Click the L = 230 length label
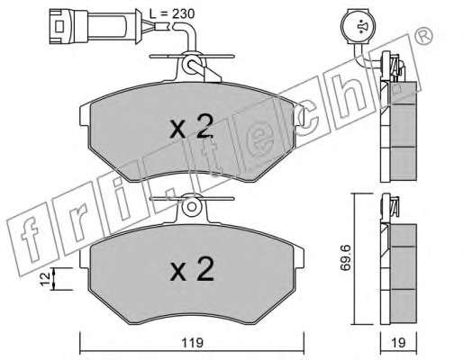172,13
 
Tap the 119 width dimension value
192,343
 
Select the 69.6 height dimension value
346,257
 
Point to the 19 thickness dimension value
398,343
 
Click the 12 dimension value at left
45,279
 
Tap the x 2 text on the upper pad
192,126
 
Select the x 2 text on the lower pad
192,269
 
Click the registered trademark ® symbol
424,35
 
